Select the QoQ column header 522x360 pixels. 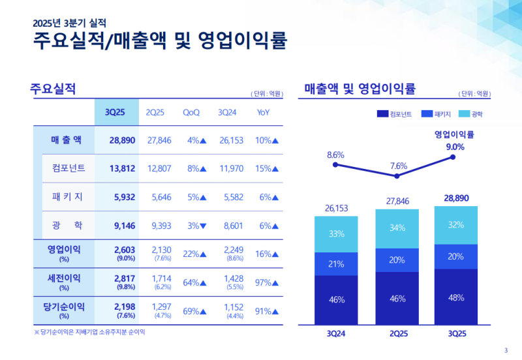point(191,112)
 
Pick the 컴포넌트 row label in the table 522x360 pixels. point(69,168)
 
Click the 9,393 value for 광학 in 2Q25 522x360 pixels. point(159,226)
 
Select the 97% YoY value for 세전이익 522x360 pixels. point(266,282)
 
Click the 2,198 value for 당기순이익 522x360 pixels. point(122,307)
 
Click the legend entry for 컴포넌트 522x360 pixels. point(394,114)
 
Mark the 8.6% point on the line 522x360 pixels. point(335,165)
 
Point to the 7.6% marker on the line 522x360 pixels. point(397,176)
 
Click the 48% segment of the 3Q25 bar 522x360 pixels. point(456,297)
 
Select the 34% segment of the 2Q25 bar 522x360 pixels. point(397,228)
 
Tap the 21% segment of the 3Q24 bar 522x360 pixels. point(336,263)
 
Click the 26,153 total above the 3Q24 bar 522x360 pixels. point(336,208)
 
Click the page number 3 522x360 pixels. point(506,348)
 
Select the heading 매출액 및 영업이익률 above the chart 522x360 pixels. point(360,88)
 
